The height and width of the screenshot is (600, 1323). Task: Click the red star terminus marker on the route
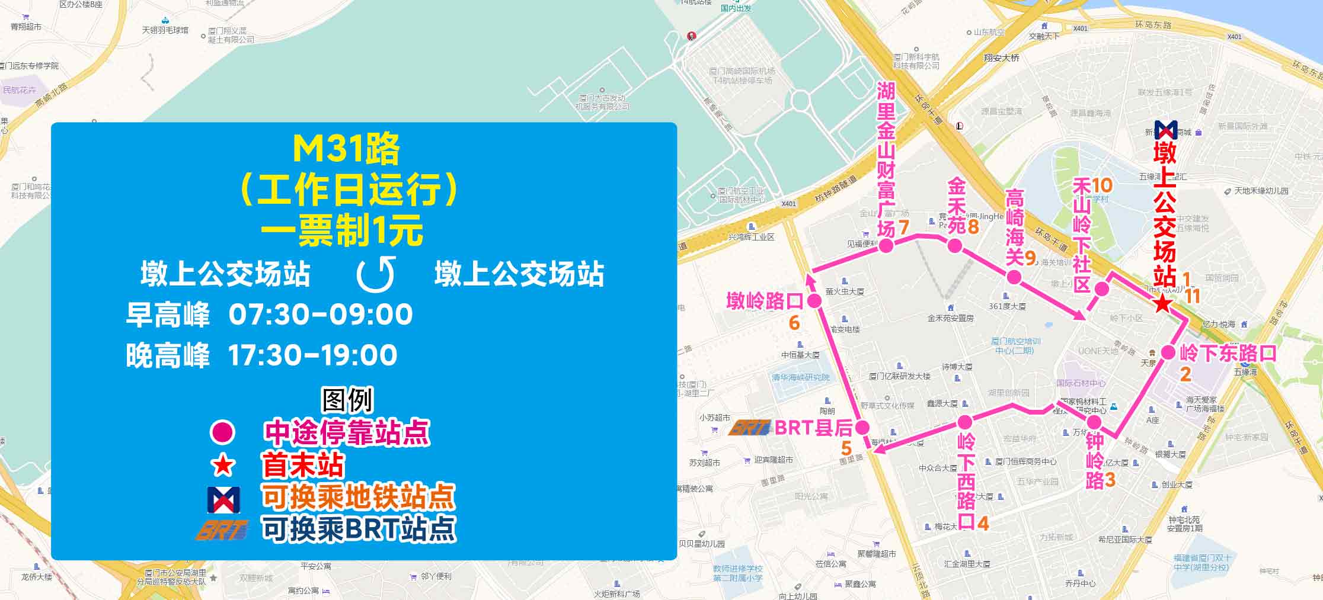pos(1163,303)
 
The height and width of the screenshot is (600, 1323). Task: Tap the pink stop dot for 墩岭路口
pos(814,301)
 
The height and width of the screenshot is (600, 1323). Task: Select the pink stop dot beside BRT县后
pos(862,427)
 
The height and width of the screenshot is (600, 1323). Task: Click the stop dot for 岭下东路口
pos(1168,352)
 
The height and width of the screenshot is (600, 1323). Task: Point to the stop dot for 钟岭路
pos(1094,422)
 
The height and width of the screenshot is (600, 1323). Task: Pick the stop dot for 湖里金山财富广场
pos(886,245)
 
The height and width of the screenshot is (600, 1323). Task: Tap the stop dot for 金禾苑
pos(954,245)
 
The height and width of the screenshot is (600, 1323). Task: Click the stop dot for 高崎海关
pos(1014,277)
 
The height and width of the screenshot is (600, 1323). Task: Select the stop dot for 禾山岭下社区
pos(1101,289)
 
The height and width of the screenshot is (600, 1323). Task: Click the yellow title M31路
pos(347,149)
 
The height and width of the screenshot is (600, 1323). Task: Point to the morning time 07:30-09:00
pos(321,314)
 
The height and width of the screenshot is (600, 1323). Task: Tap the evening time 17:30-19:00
pos(312,355)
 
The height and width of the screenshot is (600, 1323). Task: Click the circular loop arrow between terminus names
pos(376,274)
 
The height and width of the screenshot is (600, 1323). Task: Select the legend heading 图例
pos(347,400)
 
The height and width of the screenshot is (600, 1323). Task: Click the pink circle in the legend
pos(223,432)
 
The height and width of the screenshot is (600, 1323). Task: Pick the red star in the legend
pos(223,466)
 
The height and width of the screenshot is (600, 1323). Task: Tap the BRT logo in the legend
pos(222,529)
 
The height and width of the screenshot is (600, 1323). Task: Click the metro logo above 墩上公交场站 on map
pos(1165,130)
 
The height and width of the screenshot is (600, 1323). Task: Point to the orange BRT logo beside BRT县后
pos(749,427)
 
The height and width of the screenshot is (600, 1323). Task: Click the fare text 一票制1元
pos(342,230)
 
